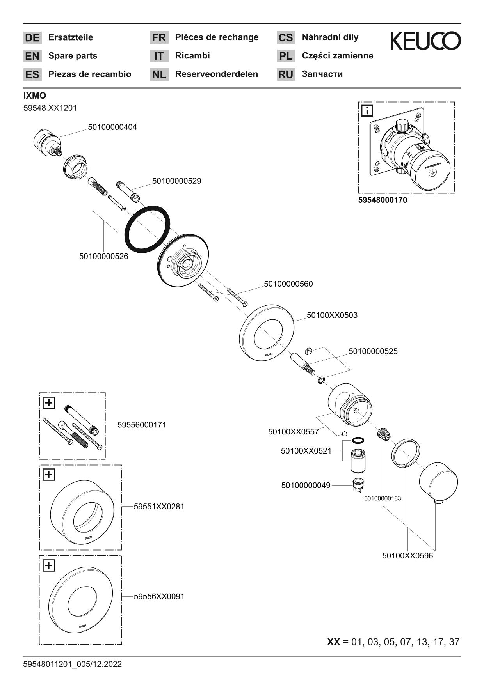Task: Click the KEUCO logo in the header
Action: point(425,41)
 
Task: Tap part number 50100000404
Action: point(112,127)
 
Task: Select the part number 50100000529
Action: point(176,181)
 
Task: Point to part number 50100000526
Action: point(103,257)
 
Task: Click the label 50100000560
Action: point(288,284)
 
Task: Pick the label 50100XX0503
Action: point(332,315)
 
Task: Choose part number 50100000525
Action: point(373,351)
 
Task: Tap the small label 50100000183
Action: point(383,498)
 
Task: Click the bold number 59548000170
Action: point(383,200)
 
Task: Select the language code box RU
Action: point(286,74)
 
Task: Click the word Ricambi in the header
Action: point(192,56)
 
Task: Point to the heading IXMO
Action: point(35,96)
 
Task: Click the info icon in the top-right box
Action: point(367,111)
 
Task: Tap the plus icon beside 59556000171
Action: point(49,402)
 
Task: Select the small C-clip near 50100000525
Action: point(308,351)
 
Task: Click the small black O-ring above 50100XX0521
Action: point(358,440)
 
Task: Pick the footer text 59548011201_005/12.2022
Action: point(73,664)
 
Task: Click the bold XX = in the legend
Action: point(338,642)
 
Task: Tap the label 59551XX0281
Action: point(159,507)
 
